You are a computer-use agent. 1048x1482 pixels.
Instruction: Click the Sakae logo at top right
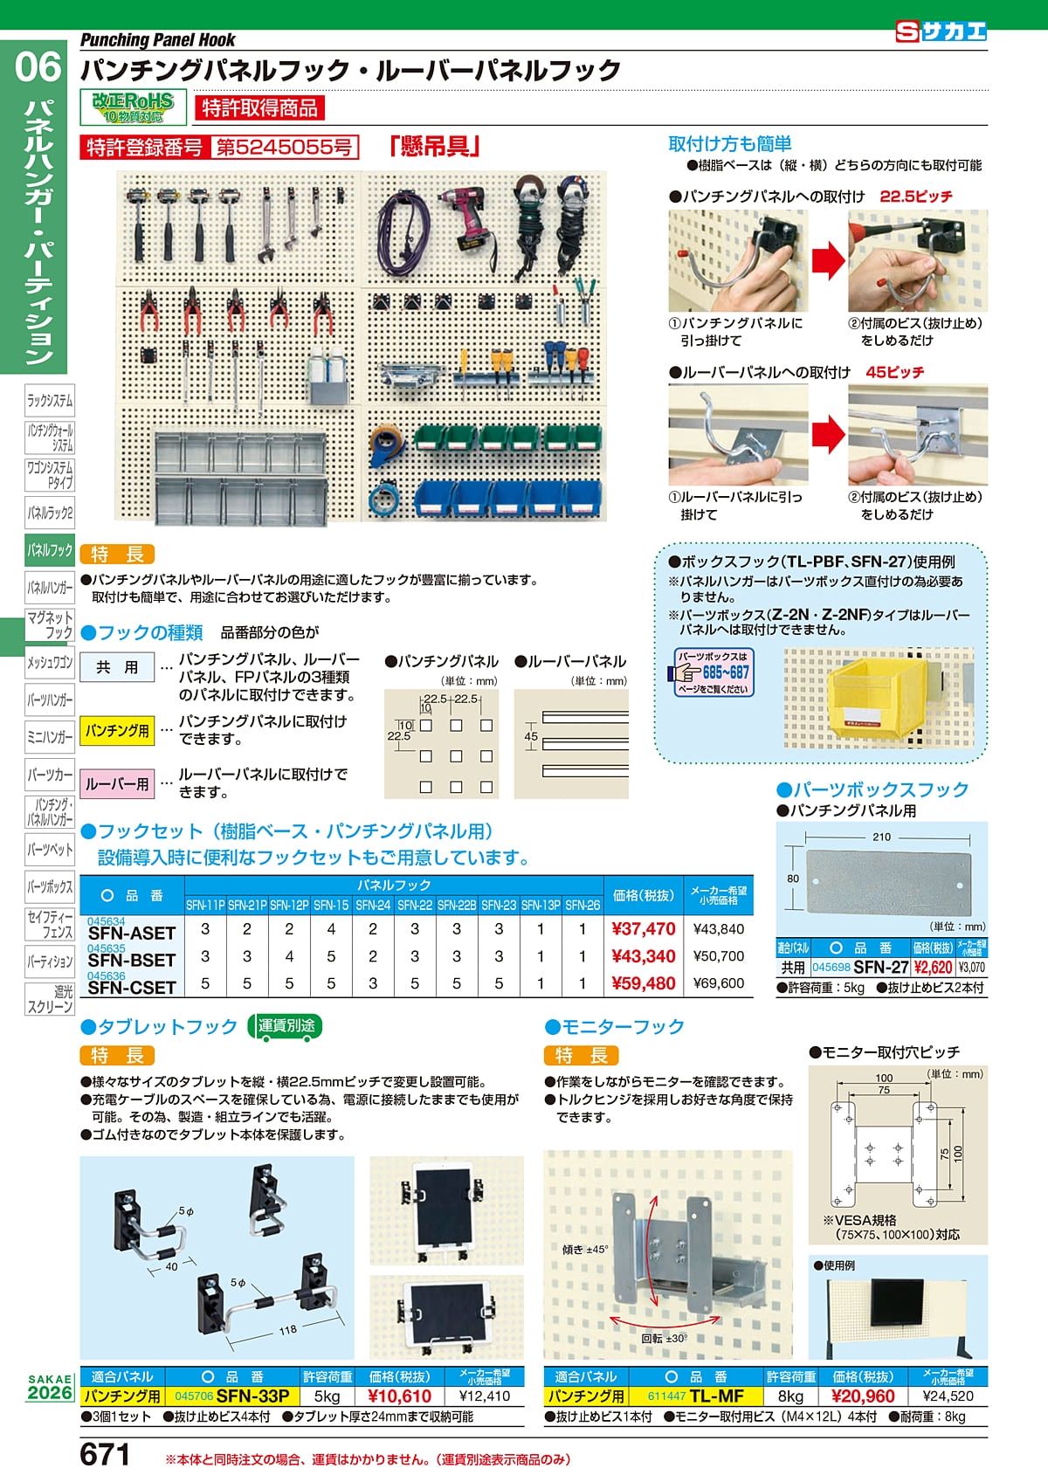pyautogui.click(x=941, y=31)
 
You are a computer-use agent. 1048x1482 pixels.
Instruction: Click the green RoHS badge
pyautogui.click(x=134, y=106)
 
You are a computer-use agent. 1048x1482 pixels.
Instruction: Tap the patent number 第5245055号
pyautogui.click(x=284, y=148)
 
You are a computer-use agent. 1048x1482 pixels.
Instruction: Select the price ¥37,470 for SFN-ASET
pyautogui.click(x=644, y=929)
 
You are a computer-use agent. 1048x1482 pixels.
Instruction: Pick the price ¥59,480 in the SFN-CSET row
pyautogui.click(x=644, y=983)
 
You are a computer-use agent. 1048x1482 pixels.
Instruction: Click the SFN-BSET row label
pyautogui.click(x=132, y=960)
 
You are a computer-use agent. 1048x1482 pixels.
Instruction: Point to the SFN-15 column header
pyautogui.click(x=331, y=906)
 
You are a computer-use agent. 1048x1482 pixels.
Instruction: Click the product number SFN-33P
pyautogui.click(x=252, y=1396)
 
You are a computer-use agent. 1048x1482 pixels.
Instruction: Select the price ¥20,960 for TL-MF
pyautogui.click(x=863, y=1396)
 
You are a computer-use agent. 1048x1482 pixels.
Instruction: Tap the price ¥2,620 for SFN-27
pyautogui.click(x=933, y=967)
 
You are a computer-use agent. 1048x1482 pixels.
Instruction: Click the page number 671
pyautogui.click(x=105, y=1456)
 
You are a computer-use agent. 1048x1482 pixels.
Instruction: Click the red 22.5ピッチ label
pyautogui.click(x=915, y=196)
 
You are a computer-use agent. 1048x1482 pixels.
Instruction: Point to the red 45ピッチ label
pyautogui.click(x=894, y=372)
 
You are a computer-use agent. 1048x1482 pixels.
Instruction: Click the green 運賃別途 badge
pyautogui.click(x=286, y=1026)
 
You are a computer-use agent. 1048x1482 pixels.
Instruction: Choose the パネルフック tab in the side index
pyautogui.click(x=50, y=550)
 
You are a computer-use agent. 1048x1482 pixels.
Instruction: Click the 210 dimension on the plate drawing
pyautogui.click(x=881, y=837)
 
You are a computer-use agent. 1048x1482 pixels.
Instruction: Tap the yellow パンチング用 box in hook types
pyautogui.click(x=117, y=730)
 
